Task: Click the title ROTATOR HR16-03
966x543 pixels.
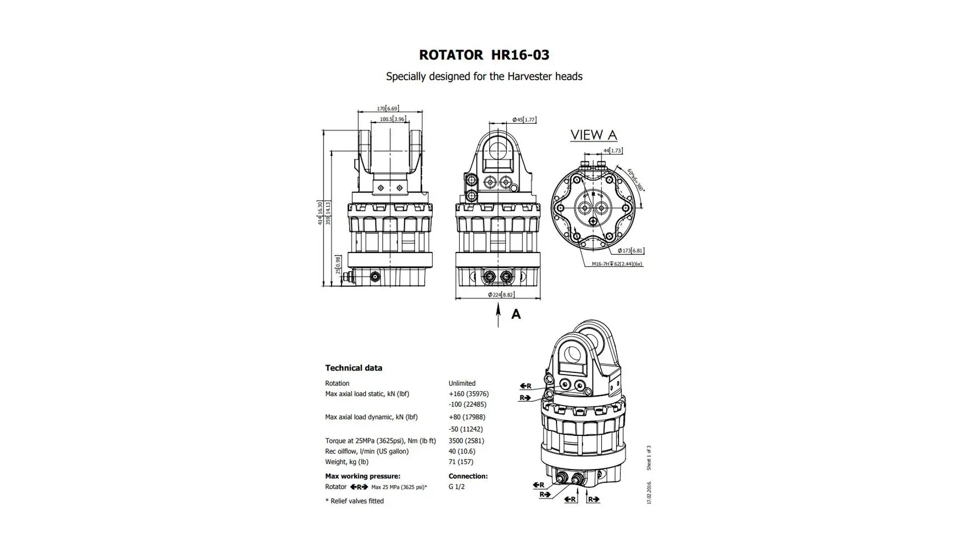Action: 484,55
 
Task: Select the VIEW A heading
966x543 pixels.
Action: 593,135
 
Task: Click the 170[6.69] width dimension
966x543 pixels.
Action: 388,109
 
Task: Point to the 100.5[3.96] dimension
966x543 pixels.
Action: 392,119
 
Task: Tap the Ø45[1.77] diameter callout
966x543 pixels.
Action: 524,120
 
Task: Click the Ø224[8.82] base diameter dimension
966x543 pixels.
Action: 501,295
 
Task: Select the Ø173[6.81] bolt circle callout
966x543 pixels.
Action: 630,250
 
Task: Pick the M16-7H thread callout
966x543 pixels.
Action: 617,264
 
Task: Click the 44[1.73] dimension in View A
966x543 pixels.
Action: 612,150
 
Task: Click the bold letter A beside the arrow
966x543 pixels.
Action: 516,314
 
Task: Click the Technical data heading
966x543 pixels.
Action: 353,368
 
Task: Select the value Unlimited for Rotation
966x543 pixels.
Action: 461,383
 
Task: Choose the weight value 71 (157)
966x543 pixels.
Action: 460,462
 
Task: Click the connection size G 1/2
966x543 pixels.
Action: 456,487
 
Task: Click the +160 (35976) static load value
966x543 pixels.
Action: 468,394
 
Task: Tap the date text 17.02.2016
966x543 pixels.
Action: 649,493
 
